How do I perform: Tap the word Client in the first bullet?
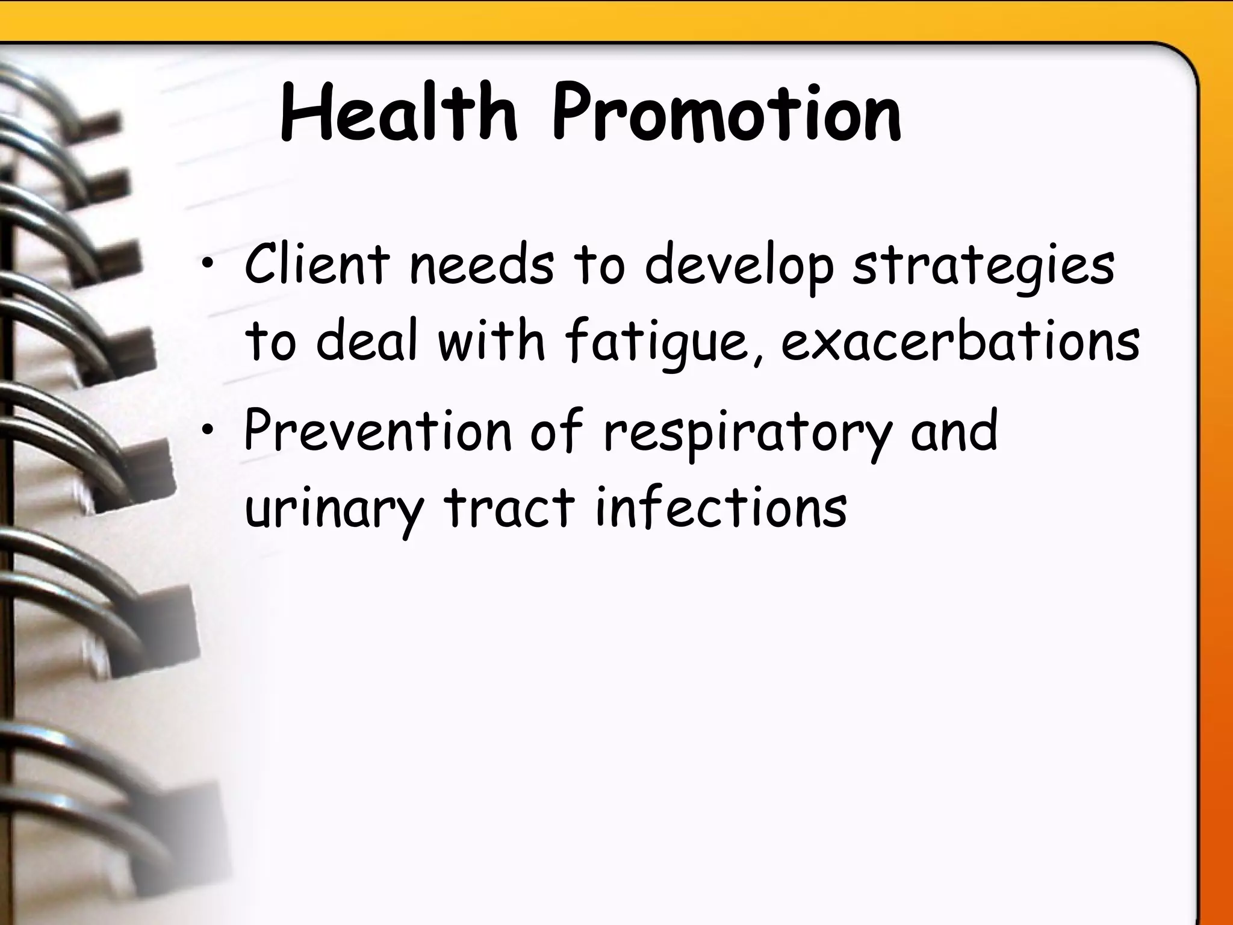[x=317, y=264]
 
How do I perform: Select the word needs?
[x=481, y=264]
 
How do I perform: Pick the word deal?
[x=367, y=341]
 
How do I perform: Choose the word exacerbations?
[x=960, y=341]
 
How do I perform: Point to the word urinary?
[x=335, y=509]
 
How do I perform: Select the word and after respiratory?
[x=954, y=430]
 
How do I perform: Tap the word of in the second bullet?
[x=557, y=430]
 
